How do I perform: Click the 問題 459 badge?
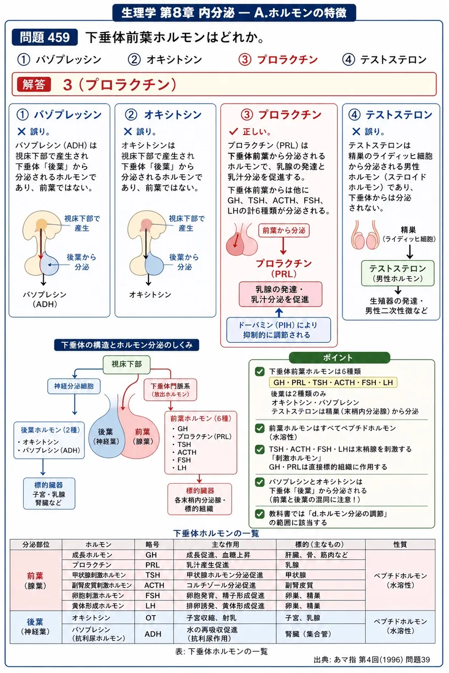(x=45, y=37)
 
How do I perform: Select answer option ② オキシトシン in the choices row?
(x=165, y=59)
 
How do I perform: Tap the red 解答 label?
(x=34, y=85)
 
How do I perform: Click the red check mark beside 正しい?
(x=233, y=131)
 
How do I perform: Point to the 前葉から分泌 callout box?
(x=284, y=230)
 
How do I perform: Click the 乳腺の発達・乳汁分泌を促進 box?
(x=280, y=294)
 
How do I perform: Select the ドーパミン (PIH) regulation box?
(x=278, y=330)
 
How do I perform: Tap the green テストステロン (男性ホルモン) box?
(x=397, y=273)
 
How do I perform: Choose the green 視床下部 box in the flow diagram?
(x=127, y=364)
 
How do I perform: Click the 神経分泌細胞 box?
(x=74, y=386)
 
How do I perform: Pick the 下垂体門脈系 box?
(x=170, y=390)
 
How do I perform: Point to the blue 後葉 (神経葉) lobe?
(x=106, y=433)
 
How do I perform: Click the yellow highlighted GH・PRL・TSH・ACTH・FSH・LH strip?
(x=333, y=382)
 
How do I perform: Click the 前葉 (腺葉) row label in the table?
(x=35, y=580)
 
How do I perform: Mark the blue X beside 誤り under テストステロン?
(x=356, y=131)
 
